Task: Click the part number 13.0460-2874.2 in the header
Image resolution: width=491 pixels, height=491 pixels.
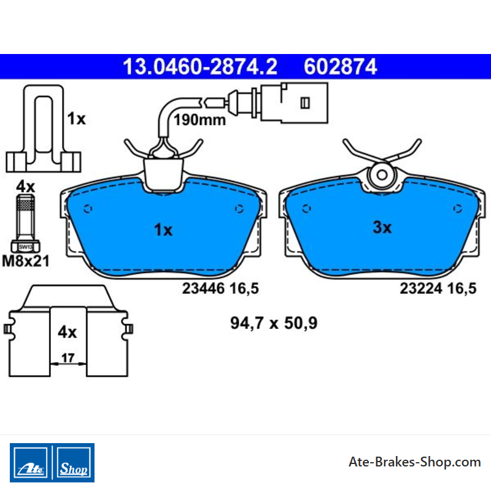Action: point(200,67)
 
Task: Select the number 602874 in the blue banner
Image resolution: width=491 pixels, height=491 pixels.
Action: point(341,67)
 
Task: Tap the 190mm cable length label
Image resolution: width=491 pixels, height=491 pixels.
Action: point(199,120)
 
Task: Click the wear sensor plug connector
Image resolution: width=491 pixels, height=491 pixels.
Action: point(294,102)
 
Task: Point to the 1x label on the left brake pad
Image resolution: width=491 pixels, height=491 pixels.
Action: point(163,230)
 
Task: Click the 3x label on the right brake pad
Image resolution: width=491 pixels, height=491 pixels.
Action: point(382,227)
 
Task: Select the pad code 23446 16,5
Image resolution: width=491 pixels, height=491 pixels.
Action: point(220,288)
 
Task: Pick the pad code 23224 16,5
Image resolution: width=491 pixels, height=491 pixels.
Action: point(438,288)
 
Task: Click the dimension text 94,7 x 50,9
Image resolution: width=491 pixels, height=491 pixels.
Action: point(274,323)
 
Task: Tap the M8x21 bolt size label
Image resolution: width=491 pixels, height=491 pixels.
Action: point(26,261)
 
